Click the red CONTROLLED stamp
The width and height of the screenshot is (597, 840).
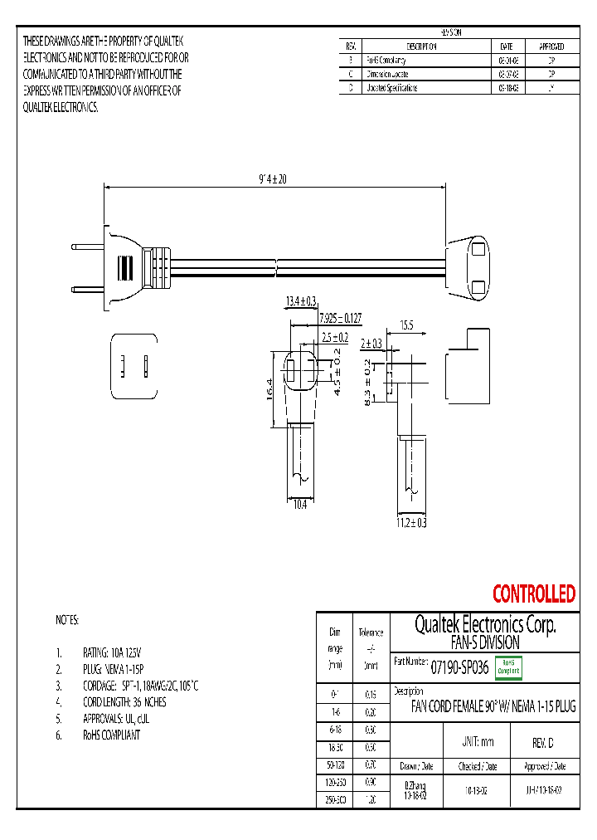[533, 594]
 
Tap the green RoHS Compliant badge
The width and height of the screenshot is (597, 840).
[507, 667]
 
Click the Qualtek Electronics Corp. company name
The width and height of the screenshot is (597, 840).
[484, 624]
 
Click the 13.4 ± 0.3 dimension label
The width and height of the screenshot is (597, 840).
[301, 300]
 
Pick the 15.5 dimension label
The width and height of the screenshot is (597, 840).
[406, 325]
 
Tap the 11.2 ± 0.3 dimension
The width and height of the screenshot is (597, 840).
[410, 522]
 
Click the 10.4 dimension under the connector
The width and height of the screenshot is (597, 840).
[300, 504]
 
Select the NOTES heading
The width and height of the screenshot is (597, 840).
[67, 620]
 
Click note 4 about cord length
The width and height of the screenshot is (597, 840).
[124, 701]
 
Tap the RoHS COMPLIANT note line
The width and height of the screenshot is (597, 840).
[111, 735]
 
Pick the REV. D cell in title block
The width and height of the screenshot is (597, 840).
[543, 742]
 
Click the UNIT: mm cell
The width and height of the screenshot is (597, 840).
[477, 742]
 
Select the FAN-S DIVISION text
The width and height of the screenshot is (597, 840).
[484, 642]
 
